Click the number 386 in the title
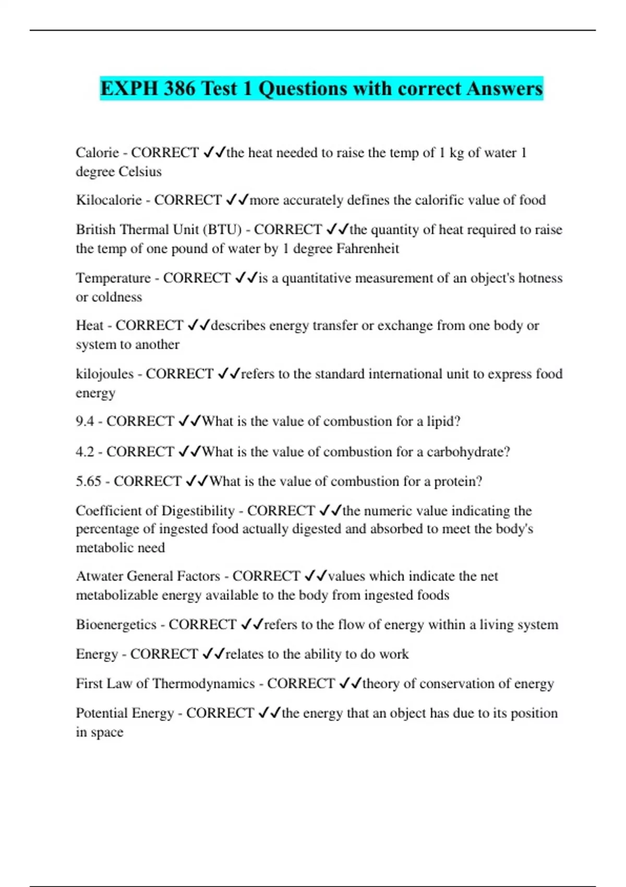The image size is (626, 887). [x=180, y=88]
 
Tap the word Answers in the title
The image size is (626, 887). [x=504, y=88]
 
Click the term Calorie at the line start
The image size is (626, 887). [x=97, y=152]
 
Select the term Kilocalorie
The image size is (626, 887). [x=109, y=200]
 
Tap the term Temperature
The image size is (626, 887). [x=113, y=278]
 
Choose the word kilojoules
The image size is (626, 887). [x=104, y=374]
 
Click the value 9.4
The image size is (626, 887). [x=85, y=421]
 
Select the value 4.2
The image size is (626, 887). [x=85, y=451]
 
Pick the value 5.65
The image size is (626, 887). [x=88, y=481]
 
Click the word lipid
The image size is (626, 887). [x=443, y=421]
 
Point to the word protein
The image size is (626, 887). [x=459, y=481]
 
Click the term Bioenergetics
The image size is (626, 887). [x=116, y=625]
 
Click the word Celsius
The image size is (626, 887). [x=140, y=171]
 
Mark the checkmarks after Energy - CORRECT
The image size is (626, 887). [x=213, y=654]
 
